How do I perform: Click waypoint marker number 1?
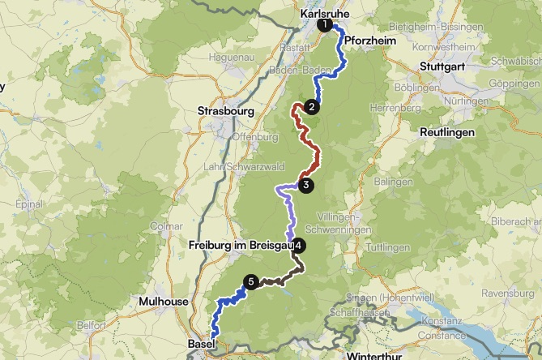[x=325, y=25]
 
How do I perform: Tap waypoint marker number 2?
[x=311, y=106]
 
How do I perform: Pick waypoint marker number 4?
[x=299, y=245]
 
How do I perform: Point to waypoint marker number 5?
[x=251, y=281]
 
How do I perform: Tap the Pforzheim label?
[x=369, y=40]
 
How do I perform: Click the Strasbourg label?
[x=226, y=111]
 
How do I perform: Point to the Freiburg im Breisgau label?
[x=239, y=245]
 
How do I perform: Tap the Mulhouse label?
[x=164, y=302]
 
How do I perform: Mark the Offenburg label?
[x=250, y=136]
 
